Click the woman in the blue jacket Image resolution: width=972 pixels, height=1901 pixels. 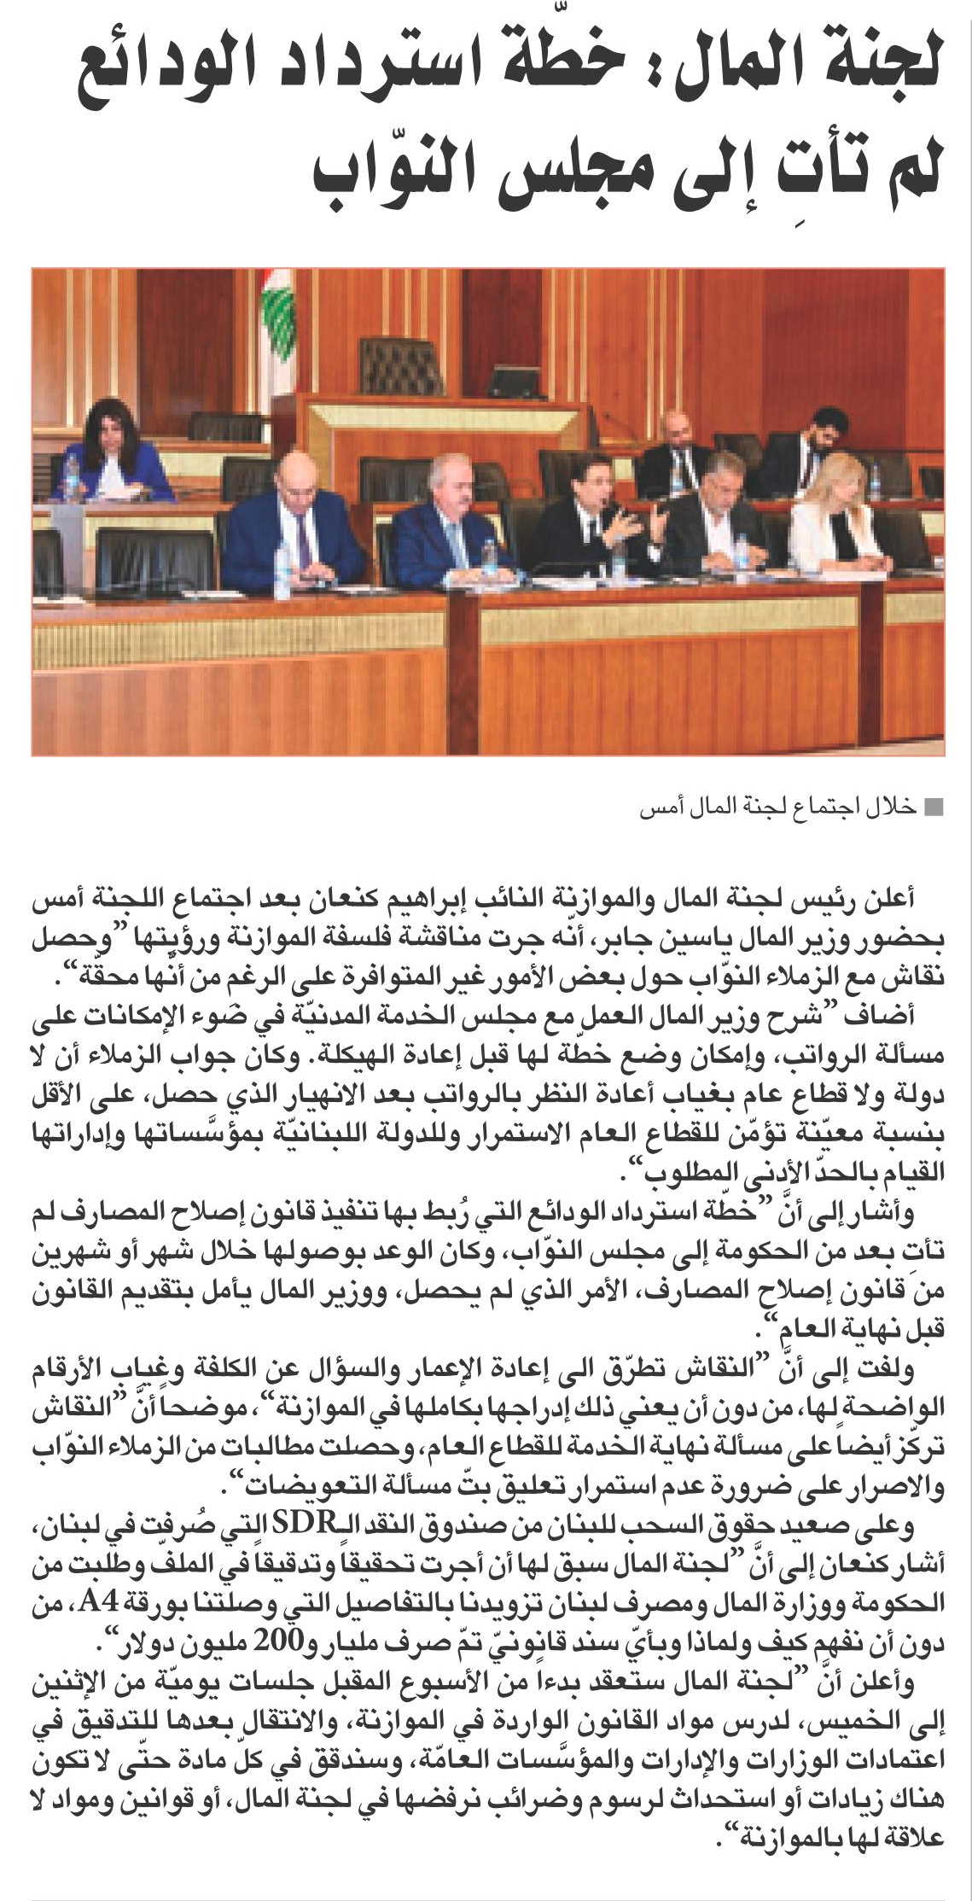(116, 452)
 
